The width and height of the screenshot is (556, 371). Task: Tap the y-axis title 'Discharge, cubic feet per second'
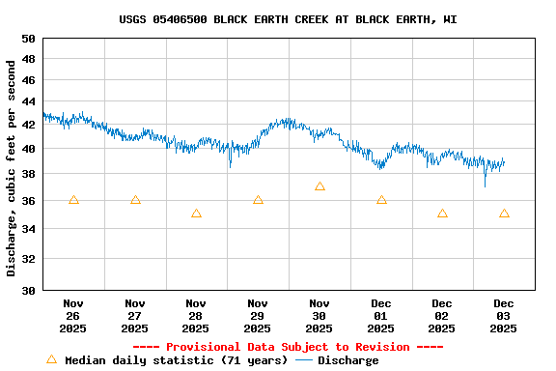(x=12, y=167)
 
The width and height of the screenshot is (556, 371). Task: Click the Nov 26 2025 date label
(x=73, y=315)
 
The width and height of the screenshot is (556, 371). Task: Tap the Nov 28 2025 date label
(x=196, y=315)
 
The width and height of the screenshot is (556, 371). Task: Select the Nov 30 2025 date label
(x=320, y=315)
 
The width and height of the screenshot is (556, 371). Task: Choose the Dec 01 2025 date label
(x=381, y=315)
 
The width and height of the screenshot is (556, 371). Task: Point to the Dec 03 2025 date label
(x=504, y=315)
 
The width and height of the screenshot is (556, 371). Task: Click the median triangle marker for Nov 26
(x=73, y=200)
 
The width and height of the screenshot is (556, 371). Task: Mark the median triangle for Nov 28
(x=196, y=214)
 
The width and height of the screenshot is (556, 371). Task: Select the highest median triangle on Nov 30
(x=320, y=186)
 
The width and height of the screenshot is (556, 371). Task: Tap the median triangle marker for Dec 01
(x=381, y=200)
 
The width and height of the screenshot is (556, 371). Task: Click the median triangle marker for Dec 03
(x=504, y=214)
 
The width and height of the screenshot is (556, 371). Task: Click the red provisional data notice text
(x=288, y=347)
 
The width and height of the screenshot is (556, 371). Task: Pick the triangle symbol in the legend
(x=52, y=359)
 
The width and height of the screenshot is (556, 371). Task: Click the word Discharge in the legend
(x=348, y=360)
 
